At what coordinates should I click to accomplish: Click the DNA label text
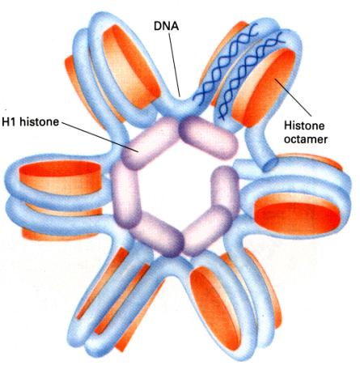click(166, 26)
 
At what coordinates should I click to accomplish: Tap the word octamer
click(306, 139)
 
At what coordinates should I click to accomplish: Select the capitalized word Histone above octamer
click(304, 125)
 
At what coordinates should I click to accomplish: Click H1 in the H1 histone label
click(10, 122)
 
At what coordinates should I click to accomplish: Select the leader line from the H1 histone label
click(100, 137)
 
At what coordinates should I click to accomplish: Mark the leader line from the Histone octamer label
click(293, 97)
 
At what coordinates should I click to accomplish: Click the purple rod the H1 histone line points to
click(150, 143)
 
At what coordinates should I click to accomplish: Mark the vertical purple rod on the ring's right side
click(226, 189)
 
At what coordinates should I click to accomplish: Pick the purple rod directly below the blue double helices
click(209, 138)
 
